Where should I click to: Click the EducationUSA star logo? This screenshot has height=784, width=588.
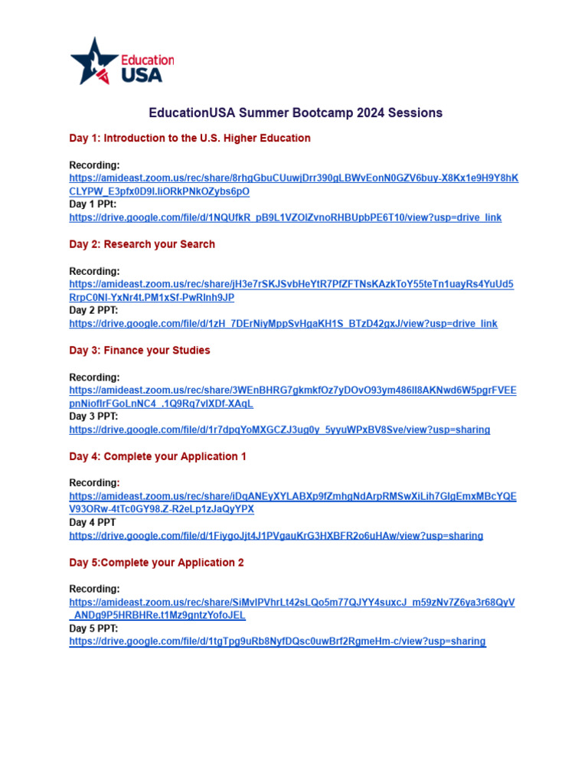click(x=94, y=60)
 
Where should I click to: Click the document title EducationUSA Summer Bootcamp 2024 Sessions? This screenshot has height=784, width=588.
click(x=296, y=113)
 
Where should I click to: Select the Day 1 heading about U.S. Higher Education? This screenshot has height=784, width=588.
click(x=190, y=139)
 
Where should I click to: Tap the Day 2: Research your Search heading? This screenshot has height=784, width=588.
click(x=142, y=244)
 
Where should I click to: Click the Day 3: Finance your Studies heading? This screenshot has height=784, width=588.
click(x=139, y=351)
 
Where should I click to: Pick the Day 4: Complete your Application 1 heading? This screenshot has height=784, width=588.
click(x=158, y=456)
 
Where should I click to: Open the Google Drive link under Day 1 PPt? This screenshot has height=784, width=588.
click(x=285, y=217)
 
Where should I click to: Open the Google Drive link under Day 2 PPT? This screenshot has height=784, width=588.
click(x=283, y=324)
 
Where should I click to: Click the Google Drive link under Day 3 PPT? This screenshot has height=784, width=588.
click(x=279, y=430)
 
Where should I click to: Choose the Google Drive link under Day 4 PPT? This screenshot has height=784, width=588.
click(x=276, y=536)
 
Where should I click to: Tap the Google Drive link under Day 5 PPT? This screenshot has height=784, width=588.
click(x=277, y=642)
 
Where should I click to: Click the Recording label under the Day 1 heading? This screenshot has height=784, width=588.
click(x=95, y=165)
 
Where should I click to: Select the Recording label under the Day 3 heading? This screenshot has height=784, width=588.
click(x=95, y=377)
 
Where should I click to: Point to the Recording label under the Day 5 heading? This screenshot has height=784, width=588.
click(x=95, y=590)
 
